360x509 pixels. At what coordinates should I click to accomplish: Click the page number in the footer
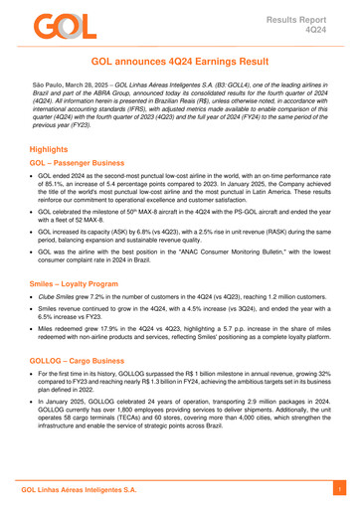(x=337, y=491)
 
